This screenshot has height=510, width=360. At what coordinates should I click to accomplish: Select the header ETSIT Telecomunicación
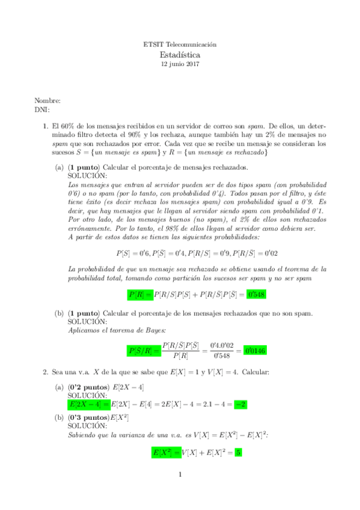tap(180, 45)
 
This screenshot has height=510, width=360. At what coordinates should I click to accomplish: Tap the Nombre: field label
tap(47, 101)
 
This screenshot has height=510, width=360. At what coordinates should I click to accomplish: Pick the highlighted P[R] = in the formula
tap(141, 295)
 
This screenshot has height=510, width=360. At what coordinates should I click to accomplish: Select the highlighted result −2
tap(240, 404)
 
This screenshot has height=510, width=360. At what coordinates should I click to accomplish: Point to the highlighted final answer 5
tap(238, 452)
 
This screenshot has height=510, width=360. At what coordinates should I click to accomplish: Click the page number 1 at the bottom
tap(180, 475)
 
